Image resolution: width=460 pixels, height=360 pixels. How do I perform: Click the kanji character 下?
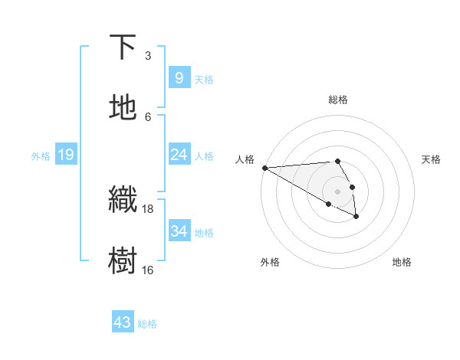click(123, 47)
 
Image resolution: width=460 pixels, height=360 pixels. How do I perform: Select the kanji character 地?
click(123, 108)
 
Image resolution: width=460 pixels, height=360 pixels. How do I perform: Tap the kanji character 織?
click(123, 200)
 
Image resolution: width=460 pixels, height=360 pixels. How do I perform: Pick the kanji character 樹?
click(123, 260)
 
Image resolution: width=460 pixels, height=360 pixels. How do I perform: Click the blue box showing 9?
click(179, 78)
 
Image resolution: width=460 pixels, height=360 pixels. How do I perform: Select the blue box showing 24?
click(179, 155)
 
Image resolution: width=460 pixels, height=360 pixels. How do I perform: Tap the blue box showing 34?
click(179, 231)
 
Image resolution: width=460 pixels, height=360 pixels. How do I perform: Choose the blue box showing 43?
click(123, 322)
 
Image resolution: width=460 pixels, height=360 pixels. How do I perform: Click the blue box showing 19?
click(65, 155)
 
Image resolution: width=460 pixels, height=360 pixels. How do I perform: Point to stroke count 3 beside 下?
click(148, 56)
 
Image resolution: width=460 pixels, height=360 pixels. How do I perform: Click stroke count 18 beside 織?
click(148, 208)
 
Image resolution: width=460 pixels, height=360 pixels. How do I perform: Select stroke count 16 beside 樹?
click(148, 270)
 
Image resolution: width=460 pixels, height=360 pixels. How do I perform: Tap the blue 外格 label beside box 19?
click(41, 155)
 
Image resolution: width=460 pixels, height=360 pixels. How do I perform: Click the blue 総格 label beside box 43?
click(147, 323)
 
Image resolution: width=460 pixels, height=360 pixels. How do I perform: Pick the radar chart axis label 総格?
click(338, 100)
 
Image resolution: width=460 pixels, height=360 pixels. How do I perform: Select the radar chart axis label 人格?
click(245, 159)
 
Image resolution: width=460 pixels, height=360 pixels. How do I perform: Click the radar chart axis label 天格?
click(431, 159)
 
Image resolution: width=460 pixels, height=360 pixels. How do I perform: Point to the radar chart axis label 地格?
click(402, 262)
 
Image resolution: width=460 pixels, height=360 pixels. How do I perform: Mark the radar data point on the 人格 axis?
click(264, 168)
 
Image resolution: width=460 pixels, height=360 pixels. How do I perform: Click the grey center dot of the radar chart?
click(338, 191)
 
